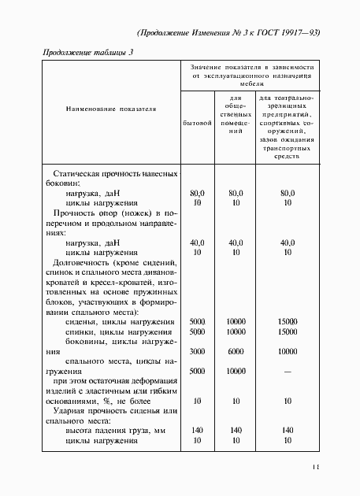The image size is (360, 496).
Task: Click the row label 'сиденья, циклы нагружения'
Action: point(120,322)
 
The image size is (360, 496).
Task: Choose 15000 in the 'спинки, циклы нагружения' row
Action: point(287,332)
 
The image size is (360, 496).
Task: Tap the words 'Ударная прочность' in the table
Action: point(89,410)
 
